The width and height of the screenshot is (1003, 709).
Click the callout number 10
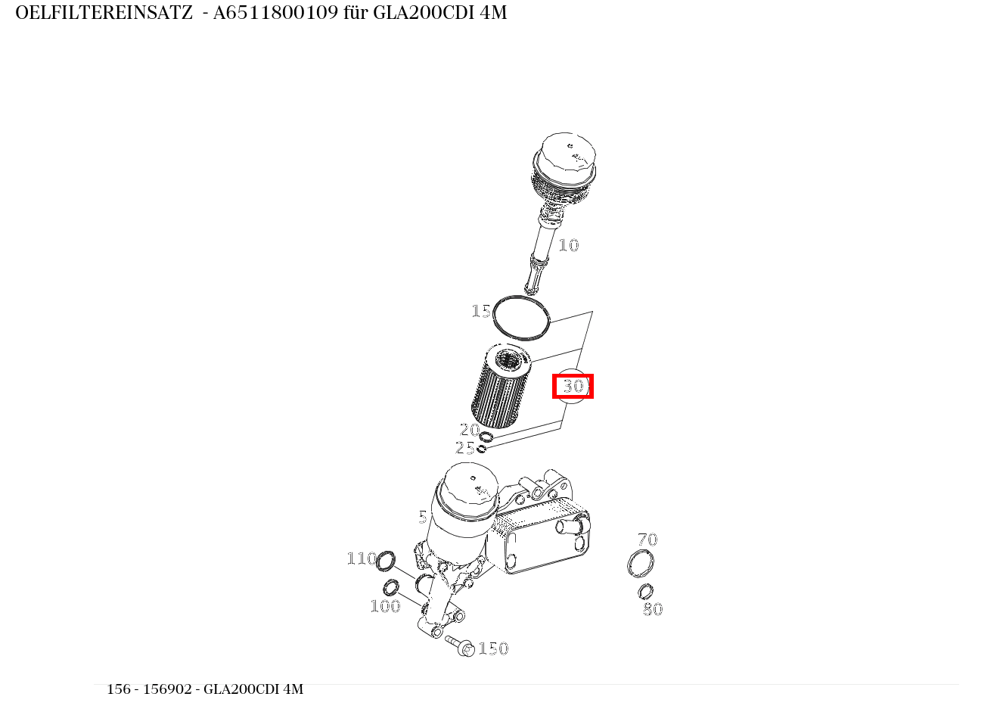point(568,245)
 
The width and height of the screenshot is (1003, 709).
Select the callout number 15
point(480,311)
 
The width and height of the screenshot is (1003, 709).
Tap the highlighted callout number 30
point(573,386)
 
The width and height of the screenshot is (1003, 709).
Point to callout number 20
point(469,430)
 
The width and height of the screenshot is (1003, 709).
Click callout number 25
point(464,448)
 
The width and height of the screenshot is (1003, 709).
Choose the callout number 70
point(647,540)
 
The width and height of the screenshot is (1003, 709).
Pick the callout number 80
point(652,609)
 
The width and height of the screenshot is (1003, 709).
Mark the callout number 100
point(384,606)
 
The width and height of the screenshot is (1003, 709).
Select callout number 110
point(361,558)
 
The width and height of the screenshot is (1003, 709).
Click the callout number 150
point(493,648)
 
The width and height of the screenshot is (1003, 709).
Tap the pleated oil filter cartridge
point(501,386)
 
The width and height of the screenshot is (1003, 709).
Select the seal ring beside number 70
point(641,564)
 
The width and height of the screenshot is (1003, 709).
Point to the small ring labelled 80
point(645,591)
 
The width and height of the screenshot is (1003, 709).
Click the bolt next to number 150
point(460,645)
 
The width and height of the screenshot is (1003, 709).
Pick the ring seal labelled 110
point(386,561)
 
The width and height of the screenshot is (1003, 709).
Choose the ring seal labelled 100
point(391,587)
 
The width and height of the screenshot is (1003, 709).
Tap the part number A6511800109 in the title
point(275,13)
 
